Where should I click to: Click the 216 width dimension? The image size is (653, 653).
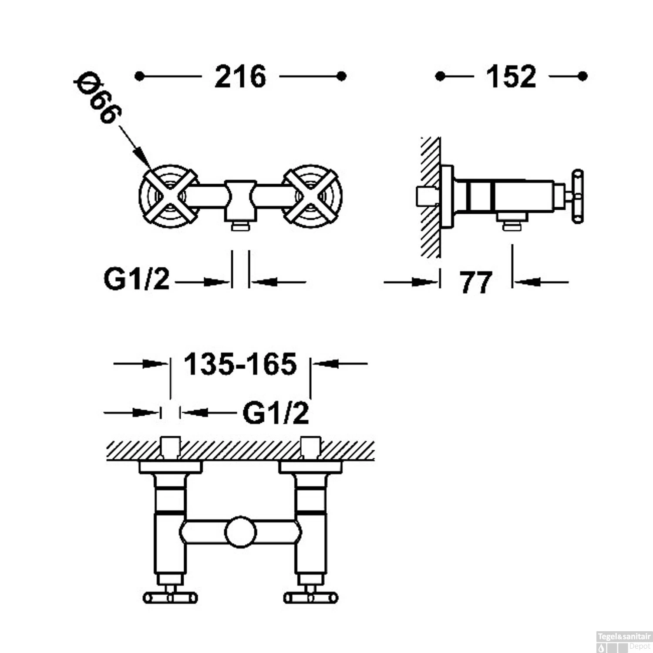tap(240, 77)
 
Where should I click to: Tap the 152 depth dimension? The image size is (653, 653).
tap(511, 77)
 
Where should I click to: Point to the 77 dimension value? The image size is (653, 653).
tap(476, 283)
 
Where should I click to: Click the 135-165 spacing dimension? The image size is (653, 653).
tap(240, 364)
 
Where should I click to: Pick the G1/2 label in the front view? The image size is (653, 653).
tap(136, 279)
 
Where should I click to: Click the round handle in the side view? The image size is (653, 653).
tap(577, 197)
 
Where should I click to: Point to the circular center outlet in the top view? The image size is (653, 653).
tap(240, 532)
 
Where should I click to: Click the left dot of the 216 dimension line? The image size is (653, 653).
tap(139, 77)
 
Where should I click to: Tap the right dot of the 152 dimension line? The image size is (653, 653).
tap(583, 77)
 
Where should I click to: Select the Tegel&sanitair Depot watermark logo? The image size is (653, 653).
tap(624, 641)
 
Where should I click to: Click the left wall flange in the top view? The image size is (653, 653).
tap(170, 468)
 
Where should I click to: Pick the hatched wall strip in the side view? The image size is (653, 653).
tap(431, 198)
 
